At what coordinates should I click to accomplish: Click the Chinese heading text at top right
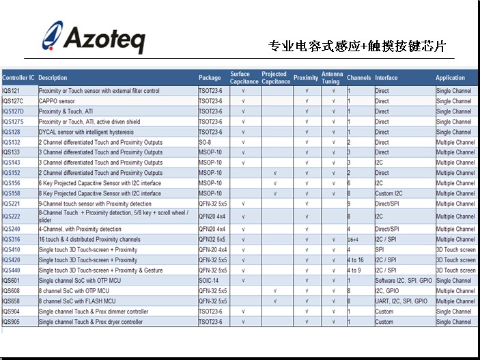point(356,46)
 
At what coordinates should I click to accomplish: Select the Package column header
point(210,78)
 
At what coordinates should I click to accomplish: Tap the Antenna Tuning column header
point(332,77)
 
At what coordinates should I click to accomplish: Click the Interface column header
point(386,78)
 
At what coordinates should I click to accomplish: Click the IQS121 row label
point(12,91)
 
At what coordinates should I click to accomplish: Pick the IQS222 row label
point(12,217)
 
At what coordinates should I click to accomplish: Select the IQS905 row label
point(12,322)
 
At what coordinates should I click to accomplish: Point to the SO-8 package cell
point(206,142)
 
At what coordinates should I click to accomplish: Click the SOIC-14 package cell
point(208,281)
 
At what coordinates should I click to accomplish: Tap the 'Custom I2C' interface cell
point(389,193)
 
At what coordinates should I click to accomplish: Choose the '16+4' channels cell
point(353,240)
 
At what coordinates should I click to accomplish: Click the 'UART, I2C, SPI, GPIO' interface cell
point(401,301)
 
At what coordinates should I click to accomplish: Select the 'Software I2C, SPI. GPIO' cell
point(404,281)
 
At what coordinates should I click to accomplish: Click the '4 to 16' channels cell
point(356,260)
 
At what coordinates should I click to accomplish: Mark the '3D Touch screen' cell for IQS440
point(455,271)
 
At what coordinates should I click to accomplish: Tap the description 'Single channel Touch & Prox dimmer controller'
point(93,311)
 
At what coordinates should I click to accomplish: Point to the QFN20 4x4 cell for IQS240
point(212,230)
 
